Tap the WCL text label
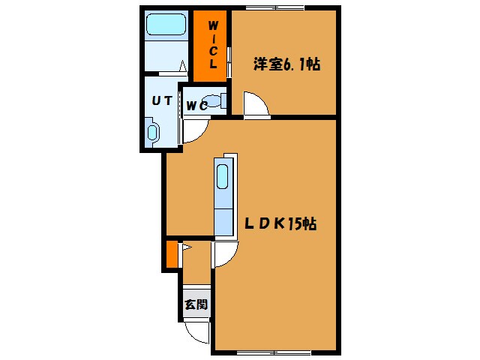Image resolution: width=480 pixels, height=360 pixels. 213,46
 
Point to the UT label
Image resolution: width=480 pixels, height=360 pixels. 162,100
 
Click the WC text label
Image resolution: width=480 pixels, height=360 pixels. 196,106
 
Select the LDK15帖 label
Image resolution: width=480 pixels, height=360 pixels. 278,223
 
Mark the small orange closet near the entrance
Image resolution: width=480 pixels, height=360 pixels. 172,255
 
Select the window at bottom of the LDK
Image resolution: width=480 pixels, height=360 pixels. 274,352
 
